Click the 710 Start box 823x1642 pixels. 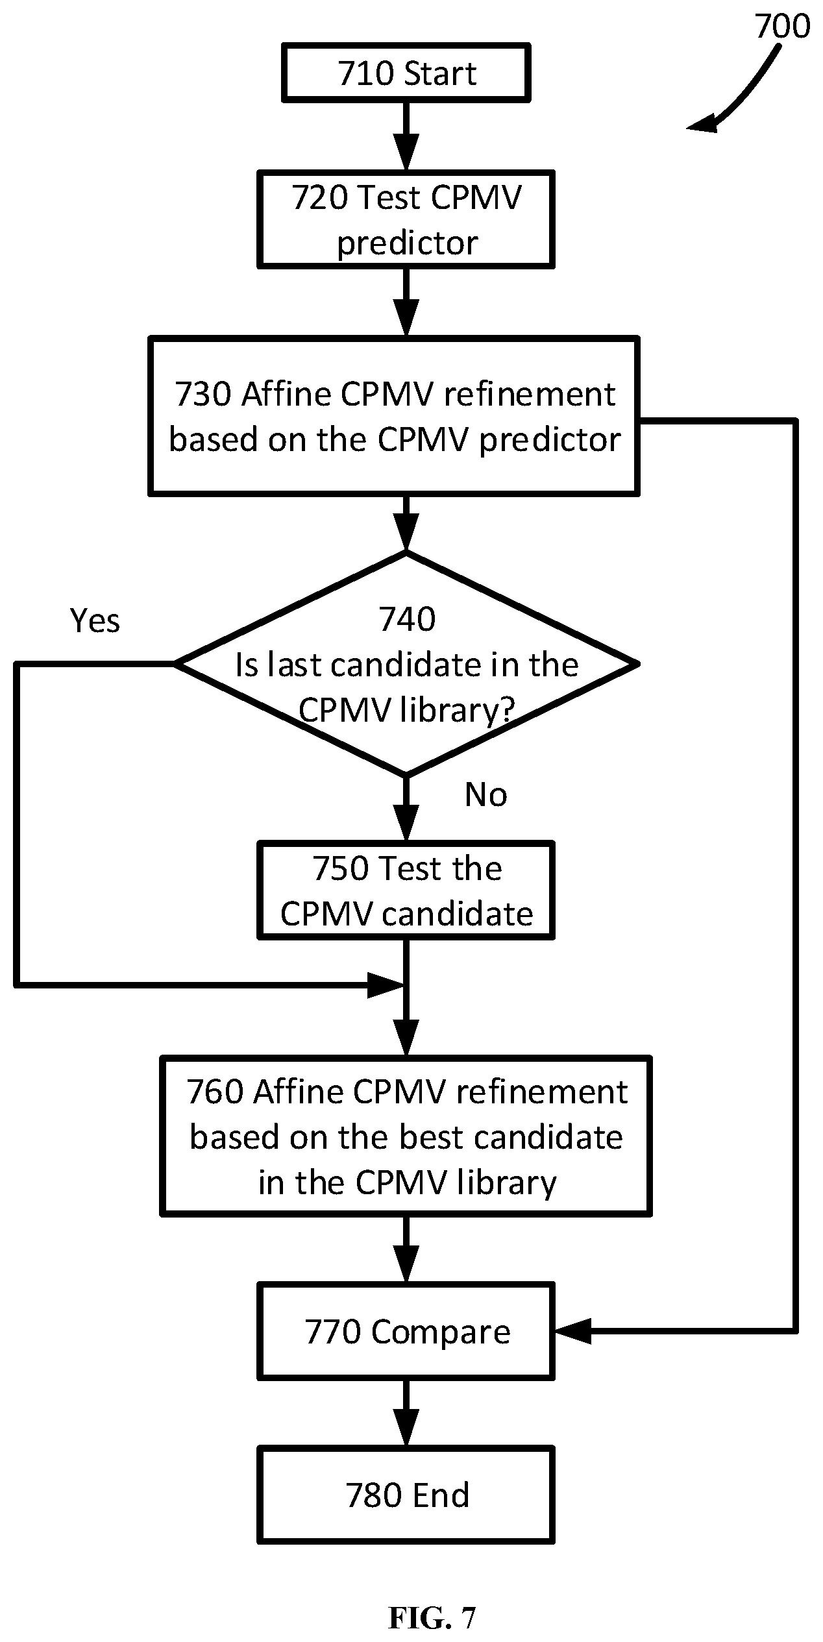click(406, 73)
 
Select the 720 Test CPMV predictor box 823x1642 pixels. click(406, 219)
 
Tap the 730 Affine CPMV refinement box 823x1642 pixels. click(394, 416)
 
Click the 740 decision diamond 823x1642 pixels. click(406, 663)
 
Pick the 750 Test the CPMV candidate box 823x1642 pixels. click(406, 890)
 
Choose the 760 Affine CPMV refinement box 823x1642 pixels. click(406, 1136)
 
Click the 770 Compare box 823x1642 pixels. click(406, 1331)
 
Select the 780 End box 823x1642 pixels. click(406, 1495)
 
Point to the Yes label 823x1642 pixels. click(95, 620)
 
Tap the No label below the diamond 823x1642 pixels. click(486, 794)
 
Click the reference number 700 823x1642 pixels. click(782, 27)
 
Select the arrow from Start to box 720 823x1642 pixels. click(406, 136)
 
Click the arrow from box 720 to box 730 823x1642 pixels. click(406, 302)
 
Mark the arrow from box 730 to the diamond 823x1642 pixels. click(406, 523)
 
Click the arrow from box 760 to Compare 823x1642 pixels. click(406, 1249)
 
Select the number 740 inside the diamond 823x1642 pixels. click(407, 619)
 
